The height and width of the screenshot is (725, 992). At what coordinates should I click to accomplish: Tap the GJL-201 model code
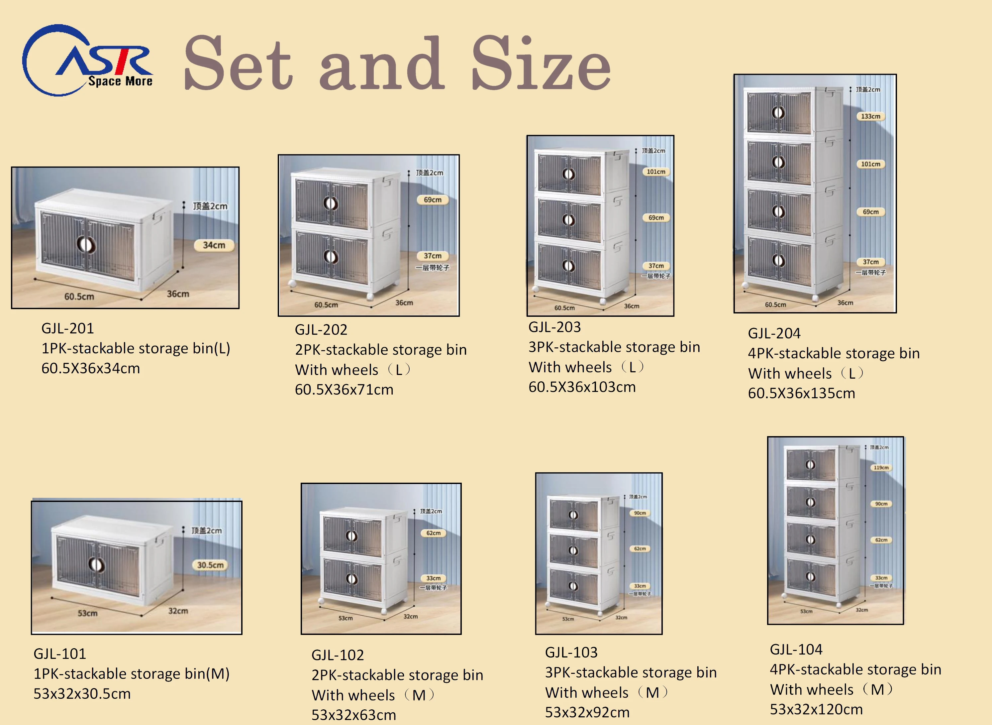click(x=67, y=328)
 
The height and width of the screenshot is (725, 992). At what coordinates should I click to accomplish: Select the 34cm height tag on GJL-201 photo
click(x=214, y=245)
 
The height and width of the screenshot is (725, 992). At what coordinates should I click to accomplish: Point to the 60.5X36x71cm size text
click(x=344, y=390)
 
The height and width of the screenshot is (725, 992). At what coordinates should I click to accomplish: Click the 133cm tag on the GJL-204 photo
click(x=870, y=116)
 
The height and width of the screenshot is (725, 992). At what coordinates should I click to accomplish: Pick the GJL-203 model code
click(x=554, y=327)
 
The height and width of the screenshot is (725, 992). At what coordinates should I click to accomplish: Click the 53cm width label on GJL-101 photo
click(x=88, y=613)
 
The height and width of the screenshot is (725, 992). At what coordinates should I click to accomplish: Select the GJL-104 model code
click(x=796, y=650)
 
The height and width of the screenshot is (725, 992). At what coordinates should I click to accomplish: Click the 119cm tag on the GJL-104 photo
click(x=881, y=468)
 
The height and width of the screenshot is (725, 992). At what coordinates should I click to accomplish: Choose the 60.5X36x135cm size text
click(x=802, y=393)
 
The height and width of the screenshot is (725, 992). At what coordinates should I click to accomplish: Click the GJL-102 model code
click(x=338, y=655)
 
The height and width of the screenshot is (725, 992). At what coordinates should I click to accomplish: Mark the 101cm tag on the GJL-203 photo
click(x=656, y=172)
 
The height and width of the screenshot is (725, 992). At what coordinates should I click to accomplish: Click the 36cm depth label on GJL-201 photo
click(x=178, y=294)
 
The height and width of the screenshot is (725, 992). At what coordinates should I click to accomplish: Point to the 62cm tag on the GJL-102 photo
click(x=433, y=533)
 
